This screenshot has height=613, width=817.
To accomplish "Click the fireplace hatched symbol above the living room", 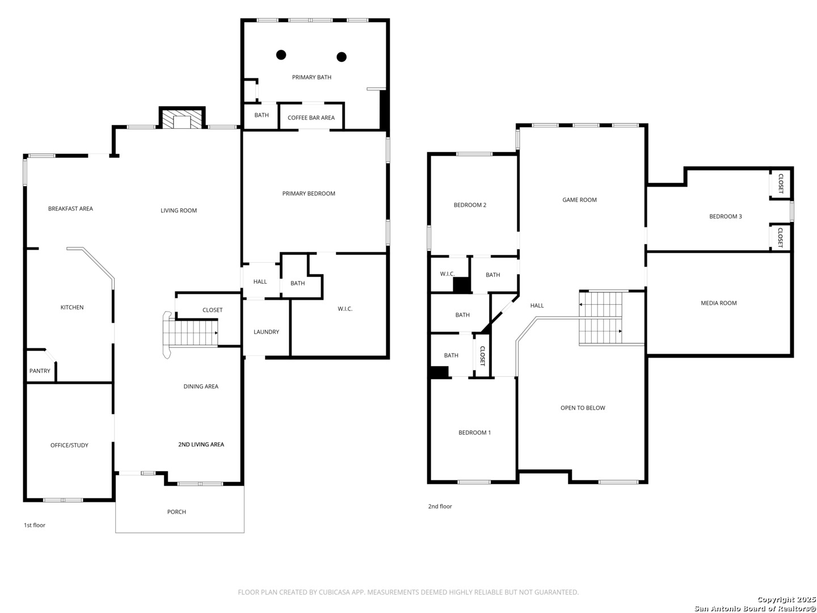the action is (182, 119).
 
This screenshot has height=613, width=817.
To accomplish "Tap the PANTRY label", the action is (40, 371).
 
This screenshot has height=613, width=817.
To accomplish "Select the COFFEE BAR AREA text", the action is (311, 117).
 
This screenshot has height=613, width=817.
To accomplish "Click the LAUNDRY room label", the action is (266, 331).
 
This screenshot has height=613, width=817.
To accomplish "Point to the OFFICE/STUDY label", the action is (69, 445).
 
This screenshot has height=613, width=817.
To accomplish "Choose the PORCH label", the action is (176, 512).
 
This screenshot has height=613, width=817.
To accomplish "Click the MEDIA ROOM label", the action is (718, 303).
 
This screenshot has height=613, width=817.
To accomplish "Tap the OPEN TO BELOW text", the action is (583, 408).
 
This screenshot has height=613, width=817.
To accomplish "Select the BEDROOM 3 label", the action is (725, 216).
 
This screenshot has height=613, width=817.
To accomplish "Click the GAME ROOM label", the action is (579, 200).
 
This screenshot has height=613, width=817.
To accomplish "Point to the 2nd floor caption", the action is (440, 506).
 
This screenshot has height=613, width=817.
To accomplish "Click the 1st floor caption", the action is (35, 525).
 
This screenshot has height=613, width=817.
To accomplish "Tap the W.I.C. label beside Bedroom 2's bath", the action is (447, 274).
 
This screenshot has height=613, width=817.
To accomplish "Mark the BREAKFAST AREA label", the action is (70, 208).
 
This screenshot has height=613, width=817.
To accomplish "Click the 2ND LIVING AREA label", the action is (201, 444).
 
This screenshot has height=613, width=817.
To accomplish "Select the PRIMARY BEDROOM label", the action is (309, 194).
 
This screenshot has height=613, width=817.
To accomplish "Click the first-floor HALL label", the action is (260, 282).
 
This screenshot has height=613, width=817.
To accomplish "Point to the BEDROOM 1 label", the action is (474, 433).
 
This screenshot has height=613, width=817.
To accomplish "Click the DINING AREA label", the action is (201, 387).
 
